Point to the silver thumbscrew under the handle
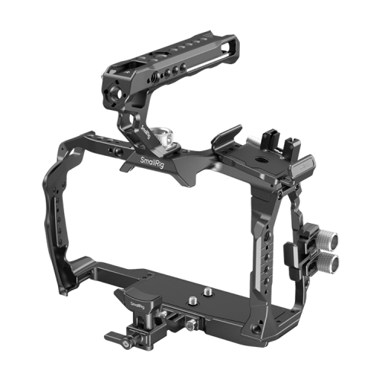[x=162, y=138]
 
